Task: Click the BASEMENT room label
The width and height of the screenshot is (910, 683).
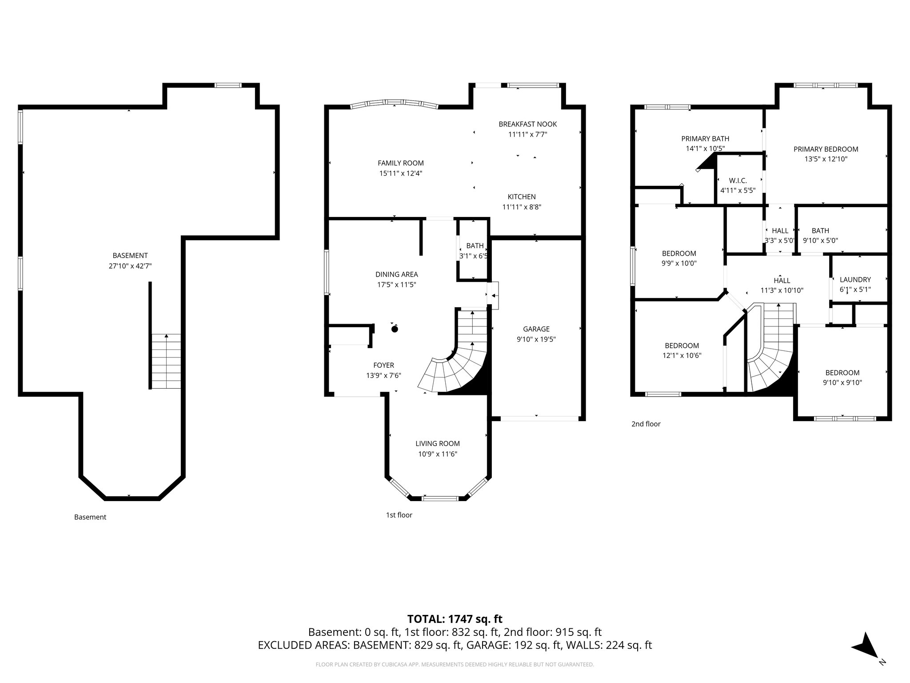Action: pyautogui.click(x=130, y=255)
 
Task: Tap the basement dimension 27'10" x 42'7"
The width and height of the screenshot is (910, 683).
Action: pyautogui.click(x=130, y=266)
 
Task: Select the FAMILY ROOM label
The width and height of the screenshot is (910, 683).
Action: pyautogui.click(x=400, y=163)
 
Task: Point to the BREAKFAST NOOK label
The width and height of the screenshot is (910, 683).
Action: pyautogui.click(x=527, y=124)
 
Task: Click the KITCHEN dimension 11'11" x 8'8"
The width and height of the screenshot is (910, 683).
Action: pyautogui.click(x=522, y=207)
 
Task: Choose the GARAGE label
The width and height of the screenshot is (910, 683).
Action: pyautogui.click(x=536, y=329)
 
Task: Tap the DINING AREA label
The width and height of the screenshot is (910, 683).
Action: pyautogui.click(x=396, y=274)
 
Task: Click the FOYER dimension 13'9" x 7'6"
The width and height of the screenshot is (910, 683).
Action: pyautogui.click(x=383, y=375)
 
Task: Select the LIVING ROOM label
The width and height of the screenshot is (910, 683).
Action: pyautogui.click(x=437, y=443)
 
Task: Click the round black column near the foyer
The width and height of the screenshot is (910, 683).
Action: pyautogui.click(x=395, y=329)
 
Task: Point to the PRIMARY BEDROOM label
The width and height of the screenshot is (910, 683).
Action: pyautogui.click(x=826, y=149)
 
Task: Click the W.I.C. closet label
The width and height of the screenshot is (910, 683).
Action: pyautogui.click(x=738, y=181)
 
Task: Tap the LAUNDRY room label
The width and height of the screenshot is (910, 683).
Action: pyautogui.click(x=855, y=280)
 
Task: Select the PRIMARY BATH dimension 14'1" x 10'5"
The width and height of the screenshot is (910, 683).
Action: pyautogui.click(x=705, y=149)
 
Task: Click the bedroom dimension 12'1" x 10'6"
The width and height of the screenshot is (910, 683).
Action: pyautogui.click(x=682, y=355)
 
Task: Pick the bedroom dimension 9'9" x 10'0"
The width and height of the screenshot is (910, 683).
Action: pyautogui.click(x=679, y=263)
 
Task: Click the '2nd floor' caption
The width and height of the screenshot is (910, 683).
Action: pyautogui.click(x=646, y=424)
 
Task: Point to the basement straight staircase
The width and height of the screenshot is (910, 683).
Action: pyautogui.click(x=166, y=361)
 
